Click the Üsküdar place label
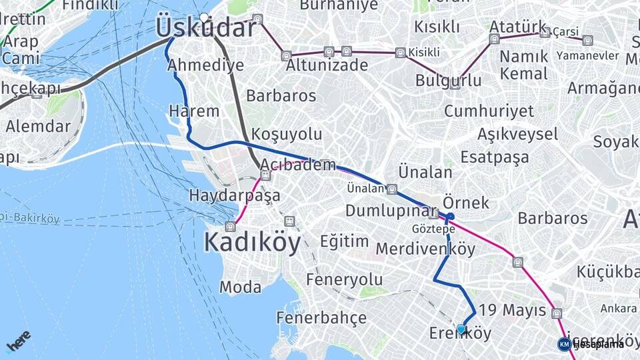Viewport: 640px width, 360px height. [x=205, y=28]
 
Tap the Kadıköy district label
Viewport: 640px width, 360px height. [x=253, y=241]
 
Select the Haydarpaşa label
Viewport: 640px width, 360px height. [x=234, y=196]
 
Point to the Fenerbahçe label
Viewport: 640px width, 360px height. [x=321, y=317]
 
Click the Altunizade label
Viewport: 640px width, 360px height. [x=327, y=65]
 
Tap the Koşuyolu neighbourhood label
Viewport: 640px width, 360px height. [x=287, y=134]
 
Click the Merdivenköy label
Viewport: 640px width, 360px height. [x=425, y=249]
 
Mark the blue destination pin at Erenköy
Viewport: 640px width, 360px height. [x=461, y=329]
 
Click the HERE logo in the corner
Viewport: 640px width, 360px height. [x=19, y=341]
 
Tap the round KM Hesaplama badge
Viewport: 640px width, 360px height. [x=564, y=344]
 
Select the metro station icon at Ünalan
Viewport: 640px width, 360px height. [x=392, y=189]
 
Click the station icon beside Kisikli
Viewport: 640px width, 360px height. [x=399, y=53]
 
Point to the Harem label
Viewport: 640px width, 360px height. [x=194, y=111]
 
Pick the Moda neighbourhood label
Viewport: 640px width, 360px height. [x=241, y=287]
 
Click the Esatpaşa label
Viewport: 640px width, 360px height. [x=495, y=157]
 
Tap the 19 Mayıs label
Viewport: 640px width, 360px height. [x=513, y=311]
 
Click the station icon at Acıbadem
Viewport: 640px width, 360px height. [x=265, y=176]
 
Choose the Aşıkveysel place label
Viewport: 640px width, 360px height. [x=517, y=134]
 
